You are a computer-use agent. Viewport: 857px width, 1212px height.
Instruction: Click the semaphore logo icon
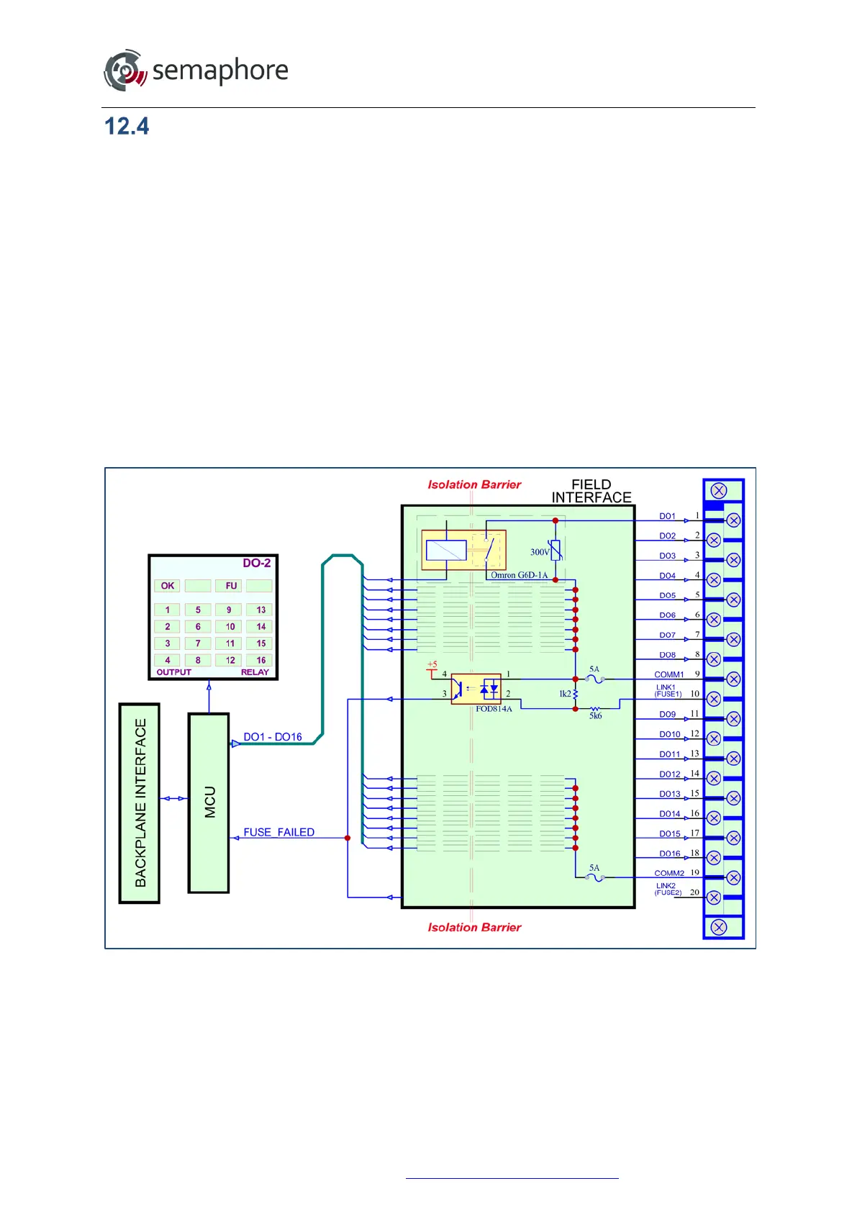[x=125, y=71]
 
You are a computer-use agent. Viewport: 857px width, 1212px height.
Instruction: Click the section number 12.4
[x=127, y=127]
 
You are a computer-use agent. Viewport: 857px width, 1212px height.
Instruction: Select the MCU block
[x=209, y=802]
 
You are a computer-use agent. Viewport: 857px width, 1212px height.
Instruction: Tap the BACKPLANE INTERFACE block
[x=139, y=802]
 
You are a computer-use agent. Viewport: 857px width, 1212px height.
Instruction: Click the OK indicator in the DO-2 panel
[x=168, y=586]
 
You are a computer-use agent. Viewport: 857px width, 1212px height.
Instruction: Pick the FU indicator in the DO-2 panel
[x=231, y=586]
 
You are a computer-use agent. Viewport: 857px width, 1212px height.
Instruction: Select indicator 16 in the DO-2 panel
[x=260, y=660]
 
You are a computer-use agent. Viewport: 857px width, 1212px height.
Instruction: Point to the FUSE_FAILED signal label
[x=278, y=832]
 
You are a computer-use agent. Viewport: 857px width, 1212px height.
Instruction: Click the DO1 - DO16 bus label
[x=273, y=737]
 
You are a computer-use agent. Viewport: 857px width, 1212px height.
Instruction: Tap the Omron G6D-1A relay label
[x=519, y=575]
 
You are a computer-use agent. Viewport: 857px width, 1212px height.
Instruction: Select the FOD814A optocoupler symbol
[x=476, y=689]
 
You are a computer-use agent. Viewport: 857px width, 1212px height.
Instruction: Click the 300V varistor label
[x=540, y=552]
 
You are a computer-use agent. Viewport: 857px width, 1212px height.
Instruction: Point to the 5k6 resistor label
[x=596, y=716]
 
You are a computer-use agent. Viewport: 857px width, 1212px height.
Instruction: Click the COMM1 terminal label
[x=668, y=674]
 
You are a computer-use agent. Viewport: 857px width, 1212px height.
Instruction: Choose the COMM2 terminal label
[x=668, y=873]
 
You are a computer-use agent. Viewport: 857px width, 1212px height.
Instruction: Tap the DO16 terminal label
[x=670, y=854]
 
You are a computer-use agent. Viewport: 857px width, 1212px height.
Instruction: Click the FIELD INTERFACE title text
[x=591, y=491]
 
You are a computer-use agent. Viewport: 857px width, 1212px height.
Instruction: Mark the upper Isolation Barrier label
[x=474, y=484]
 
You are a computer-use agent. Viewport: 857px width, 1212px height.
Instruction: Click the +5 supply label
[x=432, y=664]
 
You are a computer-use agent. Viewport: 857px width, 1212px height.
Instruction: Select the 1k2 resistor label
[x=565, y=694]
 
